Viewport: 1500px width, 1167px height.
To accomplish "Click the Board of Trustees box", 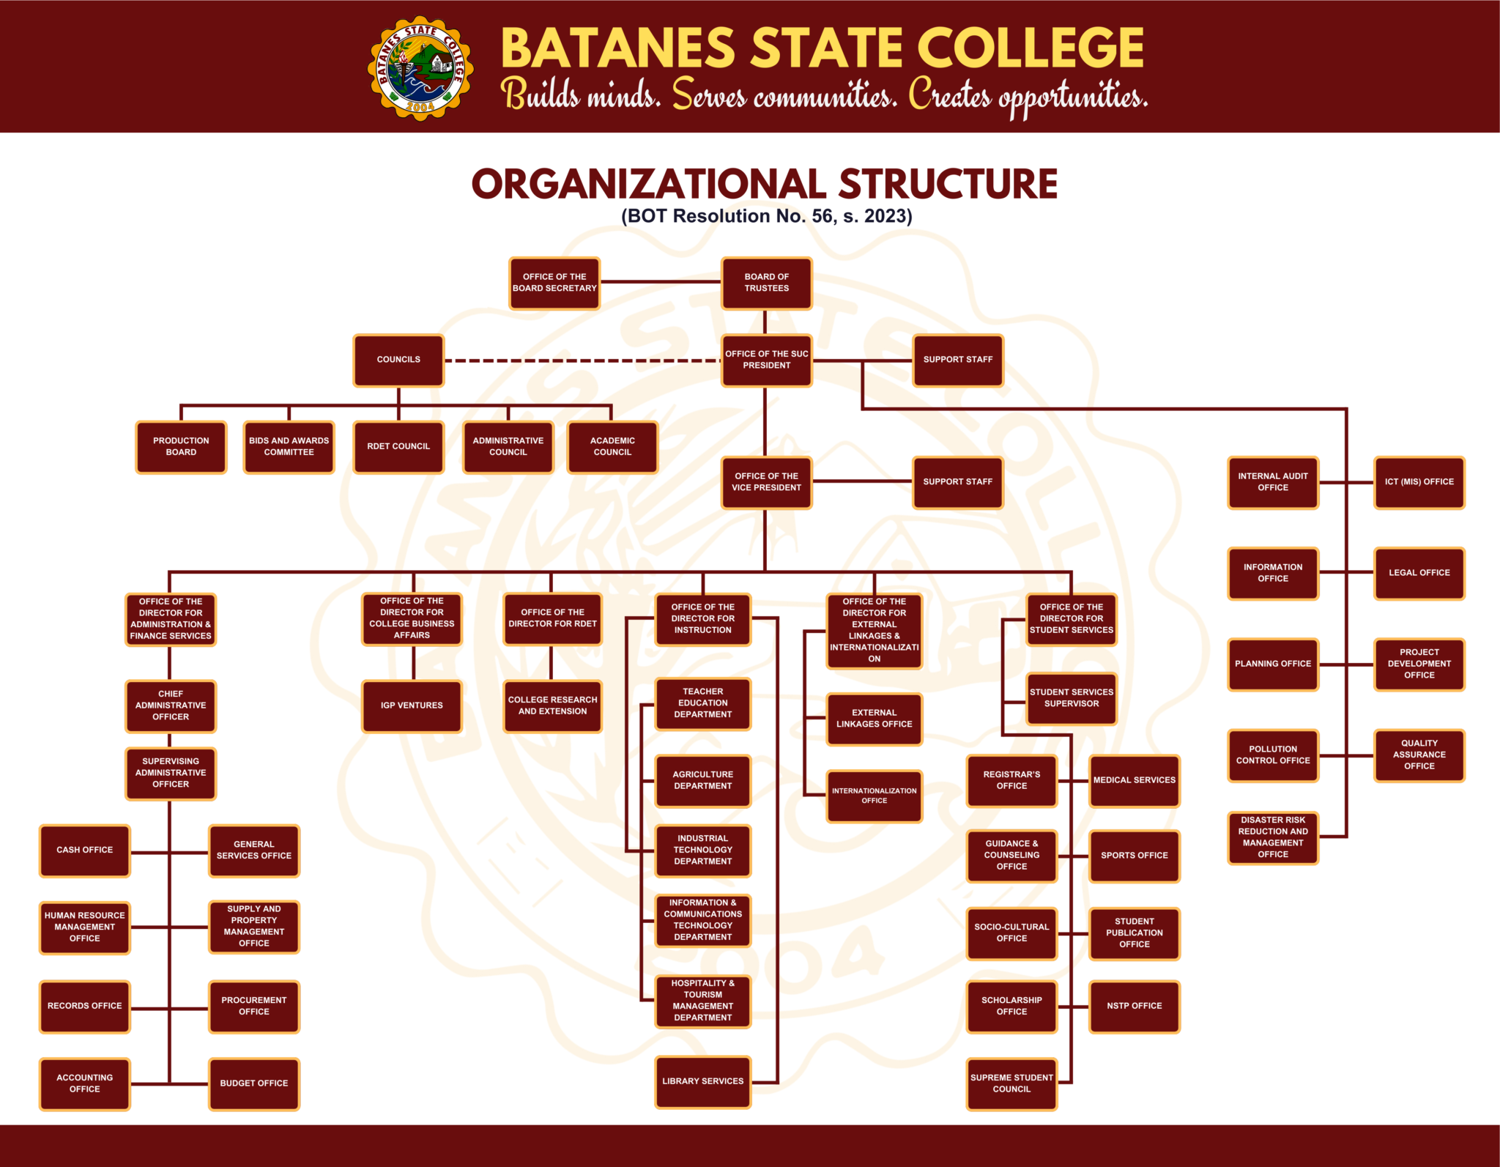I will point(766,283).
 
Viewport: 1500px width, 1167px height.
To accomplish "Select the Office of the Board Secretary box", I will point(554,283).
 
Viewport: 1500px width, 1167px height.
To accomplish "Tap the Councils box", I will point(398,360).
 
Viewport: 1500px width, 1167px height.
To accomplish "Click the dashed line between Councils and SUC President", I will point(582,360).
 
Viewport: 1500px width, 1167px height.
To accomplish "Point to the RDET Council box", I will point(398,446).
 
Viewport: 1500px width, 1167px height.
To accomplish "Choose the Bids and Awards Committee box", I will point(289,446).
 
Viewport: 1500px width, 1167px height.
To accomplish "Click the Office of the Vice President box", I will point(766,482).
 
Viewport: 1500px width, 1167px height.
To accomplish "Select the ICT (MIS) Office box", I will point(1419,482).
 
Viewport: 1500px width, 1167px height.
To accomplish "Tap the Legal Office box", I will point(1419,573).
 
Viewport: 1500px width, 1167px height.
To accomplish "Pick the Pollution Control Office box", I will point(1273,755).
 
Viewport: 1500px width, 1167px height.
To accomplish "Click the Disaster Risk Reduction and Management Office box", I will point(1273,837).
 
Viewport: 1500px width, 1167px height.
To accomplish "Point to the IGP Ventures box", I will point(412,705).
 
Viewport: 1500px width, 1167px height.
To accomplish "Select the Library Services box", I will point(702,1081).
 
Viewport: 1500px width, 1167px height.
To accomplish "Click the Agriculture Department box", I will point(702,780).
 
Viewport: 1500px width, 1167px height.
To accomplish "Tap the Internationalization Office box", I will point(874,796).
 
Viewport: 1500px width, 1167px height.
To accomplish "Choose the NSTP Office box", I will point(1134,1006).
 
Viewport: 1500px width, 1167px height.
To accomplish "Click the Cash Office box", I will point(85,850).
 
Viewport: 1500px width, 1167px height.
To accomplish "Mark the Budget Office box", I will point(254,1083).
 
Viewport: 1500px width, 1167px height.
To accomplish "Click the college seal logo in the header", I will point(420,68).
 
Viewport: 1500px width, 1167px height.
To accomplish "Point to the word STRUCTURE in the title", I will point(948,184).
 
